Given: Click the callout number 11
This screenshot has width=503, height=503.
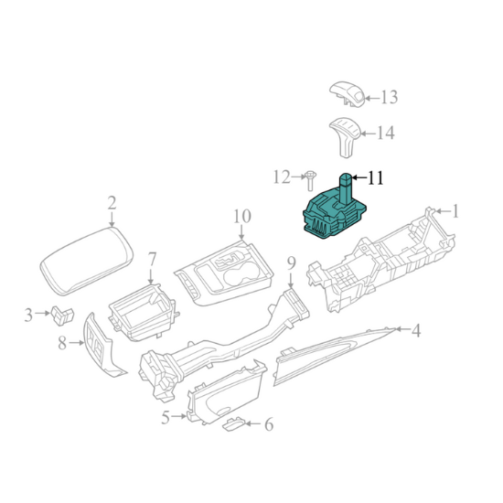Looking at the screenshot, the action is tap(375, 177).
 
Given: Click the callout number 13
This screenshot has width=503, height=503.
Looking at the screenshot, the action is tap(389, 97).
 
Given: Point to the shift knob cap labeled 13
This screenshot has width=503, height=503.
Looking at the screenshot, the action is tap(348, 93).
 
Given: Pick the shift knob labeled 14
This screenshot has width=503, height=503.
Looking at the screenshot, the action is tap(345, 137).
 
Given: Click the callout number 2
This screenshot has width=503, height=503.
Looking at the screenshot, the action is tap(112, 203).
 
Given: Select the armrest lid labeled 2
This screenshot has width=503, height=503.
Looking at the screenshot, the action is tap(87, 262).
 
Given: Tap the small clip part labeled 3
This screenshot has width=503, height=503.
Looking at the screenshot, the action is tap(62, 316).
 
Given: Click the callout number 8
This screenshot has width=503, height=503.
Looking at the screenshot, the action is tap(62, 343).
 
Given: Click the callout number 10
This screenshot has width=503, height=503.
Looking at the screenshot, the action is tap(241, 217).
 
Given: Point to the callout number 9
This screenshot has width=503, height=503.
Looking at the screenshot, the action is tap(291, 264).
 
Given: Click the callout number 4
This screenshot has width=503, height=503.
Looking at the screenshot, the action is tap(416, 330).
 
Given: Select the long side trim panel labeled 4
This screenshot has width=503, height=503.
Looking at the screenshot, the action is tap(336, 356).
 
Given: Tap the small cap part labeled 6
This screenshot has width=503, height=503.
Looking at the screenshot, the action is tap(234, 424).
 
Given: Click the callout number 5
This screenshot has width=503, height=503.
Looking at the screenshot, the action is tap(166, 418).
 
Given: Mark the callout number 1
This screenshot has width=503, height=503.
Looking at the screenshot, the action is tap(455, 212).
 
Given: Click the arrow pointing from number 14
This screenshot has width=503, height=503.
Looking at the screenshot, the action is tap(368, 134).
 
